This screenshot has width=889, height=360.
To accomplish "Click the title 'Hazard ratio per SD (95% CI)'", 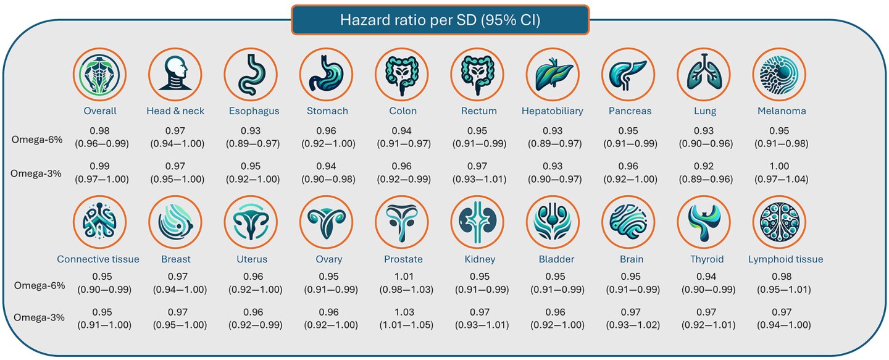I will coord(440,20).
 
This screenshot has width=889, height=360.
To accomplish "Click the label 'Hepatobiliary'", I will coord(553,111).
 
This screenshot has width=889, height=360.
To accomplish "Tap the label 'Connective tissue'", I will coord(98,259).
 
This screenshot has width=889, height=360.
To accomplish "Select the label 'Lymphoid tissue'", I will coord(785,259).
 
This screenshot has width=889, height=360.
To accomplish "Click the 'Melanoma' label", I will coord(782,111).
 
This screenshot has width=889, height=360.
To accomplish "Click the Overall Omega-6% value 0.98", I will coord(100,130).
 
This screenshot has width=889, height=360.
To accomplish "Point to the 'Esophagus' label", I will coord(251,111).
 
